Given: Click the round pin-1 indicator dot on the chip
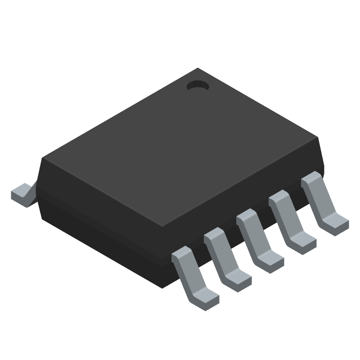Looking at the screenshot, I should [x=197, y=85].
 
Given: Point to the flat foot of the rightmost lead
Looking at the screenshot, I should [x=335, y=223].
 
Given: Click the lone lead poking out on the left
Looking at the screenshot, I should [x=22, y=193].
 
